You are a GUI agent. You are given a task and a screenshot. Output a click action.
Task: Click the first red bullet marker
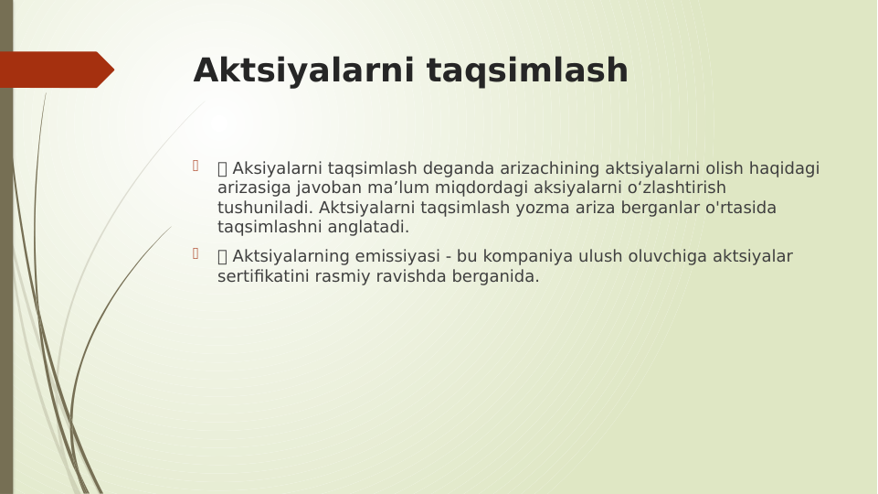coord(195,166)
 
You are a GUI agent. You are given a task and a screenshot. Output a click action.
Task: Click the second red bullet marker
coord(195,253)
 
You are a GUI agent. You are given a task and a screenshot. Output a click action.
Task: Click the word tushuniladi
coord(265,208)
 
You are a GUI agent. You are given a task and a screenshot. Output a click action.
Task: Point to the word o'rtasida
coord(740,208)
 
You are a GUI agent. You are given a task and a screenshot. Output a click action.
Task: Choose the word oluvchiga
coord(672,256)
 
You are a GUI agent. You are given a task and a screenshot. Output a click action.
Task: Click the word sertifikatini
coord(262,276)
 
